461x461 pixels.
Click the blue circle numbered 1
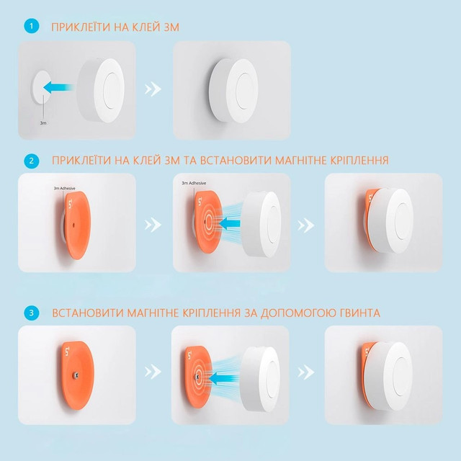(x=32, y=26)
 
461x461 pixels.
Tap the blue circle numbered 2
(x=32, y=161)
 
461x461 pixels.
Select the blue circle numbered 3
(x=32, y=313)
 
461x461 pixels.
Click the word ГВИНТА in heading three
(x=360, y=313)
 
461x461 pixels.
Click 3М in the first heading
(x=170, y=27)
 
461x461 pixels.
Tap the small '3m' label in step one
(x=43, y=123)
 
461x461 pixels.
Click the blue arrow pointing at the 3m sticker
(x=58, y=87)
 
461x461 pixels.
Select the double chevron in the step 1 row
(x=153, y=89)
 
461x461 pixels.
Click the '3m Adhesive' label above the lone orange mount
(x=64, y=188)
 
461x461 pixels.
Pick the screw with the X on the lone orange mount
(x=76, y=375)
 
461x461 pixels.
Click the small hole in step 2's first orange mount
(x=73, y=225)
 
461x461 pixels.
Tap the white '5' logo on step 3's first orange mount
(x=67, y=351)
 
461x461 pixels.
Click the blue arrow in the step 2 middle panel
(x=229, y=223)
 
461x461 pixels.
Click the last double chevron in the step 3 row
(x=306, y=372)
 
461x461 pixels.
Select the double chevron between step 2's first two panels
(x=153, y=225)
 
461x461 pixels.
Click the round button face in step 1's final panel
(x=246, y=91)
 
